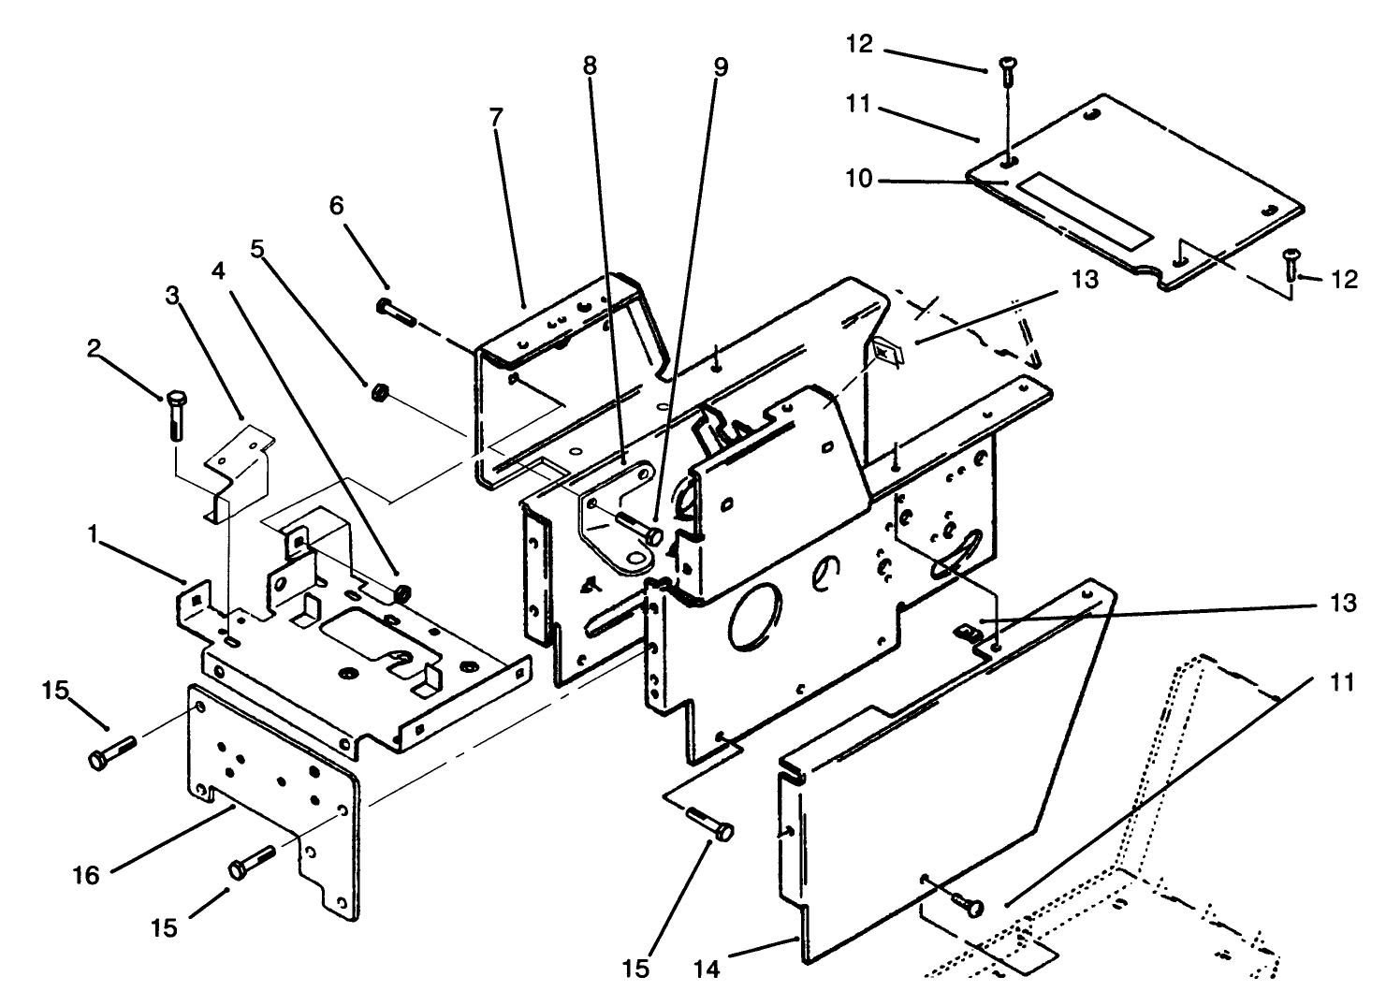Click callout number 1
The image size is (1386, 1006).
93,533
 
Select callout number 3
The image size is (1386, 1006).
172,296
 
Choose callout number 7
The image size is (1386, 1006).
496,117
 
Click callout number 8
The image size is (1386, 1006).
589,66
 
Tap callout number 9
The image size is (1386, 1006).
720,66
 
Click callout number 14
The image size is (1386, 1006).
708,970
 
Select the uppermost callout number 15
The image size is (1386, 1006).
55,691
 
